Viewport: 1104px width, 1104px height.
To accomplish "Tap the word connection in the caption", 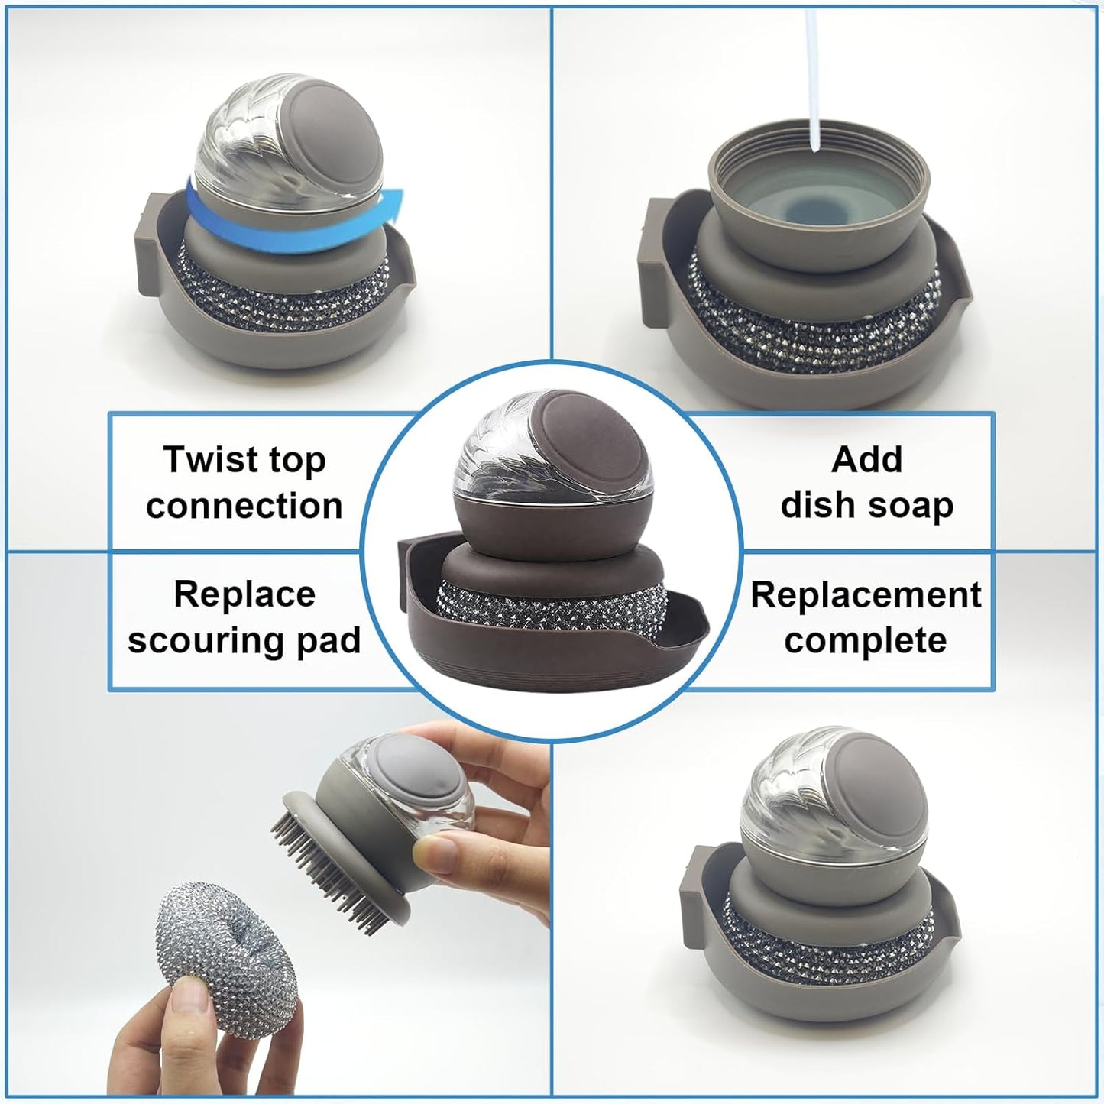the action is point(244,506).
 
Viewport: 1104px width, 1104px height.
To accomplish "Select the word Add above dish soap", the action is point(867,459).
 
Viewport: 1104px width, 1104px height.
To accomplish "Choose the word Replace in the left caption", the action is point(244,594).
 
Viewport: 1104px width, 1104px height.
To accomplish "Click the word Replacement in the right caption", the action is point(866,594).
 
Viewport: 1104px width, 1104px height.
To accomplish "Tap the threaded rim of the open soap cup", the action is point(818,149).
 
